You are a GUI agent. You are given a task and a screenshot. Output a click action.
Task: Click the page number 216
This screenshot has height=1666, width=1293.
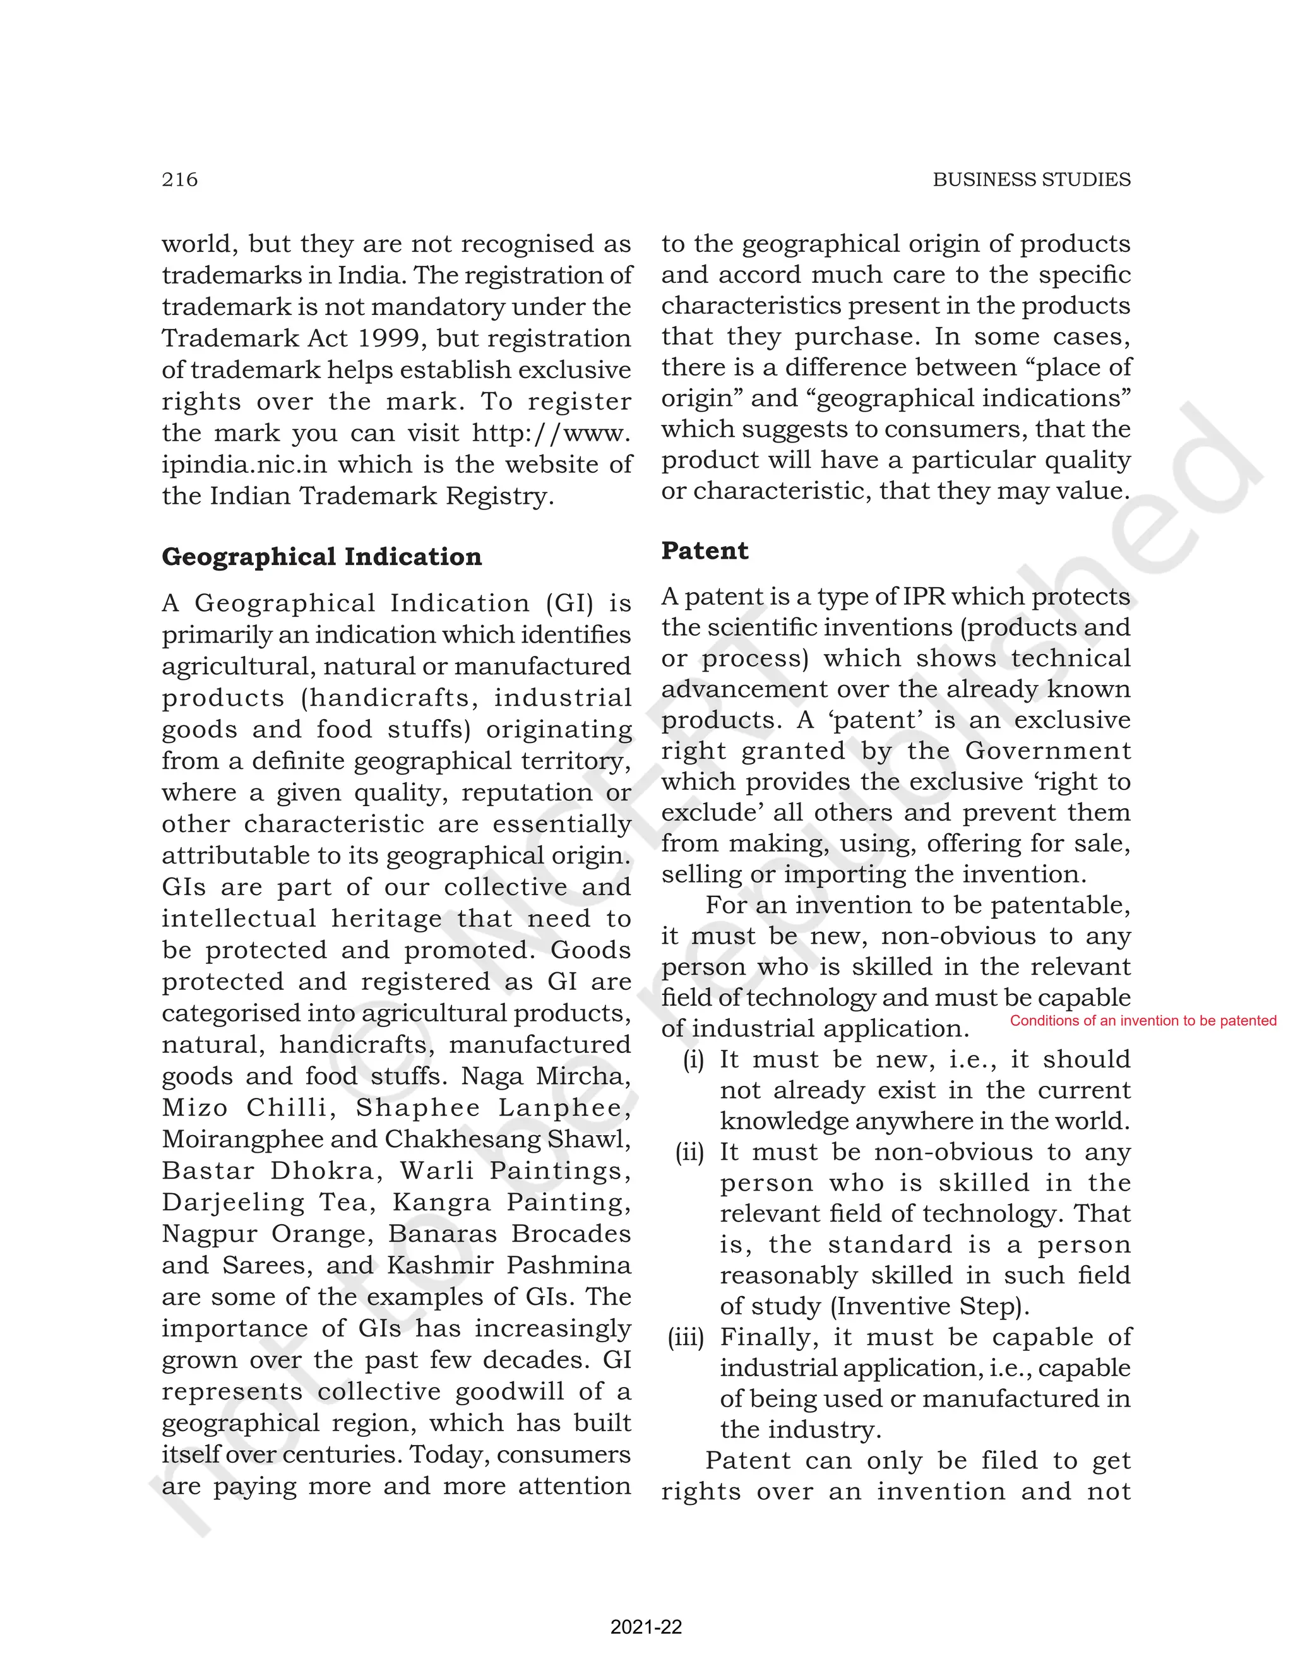coord(179,179)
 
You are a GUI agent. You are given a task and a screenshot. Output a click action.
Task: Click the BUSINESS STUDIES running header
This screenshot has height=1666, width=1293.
coord(1032,179)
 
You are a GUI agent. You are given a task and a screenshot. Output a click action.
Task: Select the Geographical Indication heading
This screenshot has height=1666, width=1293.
coord(321,556)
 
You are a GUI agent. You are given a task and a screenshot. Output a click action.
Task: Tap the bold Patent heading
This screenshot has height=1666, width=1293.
coord(704,550)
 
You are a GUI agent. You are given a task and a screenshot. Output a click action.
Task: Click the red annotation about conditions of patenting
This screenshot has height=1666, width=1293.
coord(1143,1021)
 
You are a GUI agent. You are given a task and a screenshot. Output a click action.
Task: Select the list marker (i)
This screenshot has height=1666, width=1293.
coord(693,1059)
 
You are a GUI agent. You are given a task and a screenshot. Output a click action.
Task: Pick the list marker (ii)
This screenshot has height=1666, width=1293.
coord(689,1152)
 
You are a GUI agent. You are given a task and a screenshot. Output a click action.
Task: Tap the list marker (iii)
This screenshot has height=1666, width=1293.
coord(686,1336)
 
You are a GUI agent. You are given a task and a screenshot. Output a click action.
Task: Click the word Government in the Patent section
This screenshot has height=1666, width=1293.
coord(1047,751)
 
